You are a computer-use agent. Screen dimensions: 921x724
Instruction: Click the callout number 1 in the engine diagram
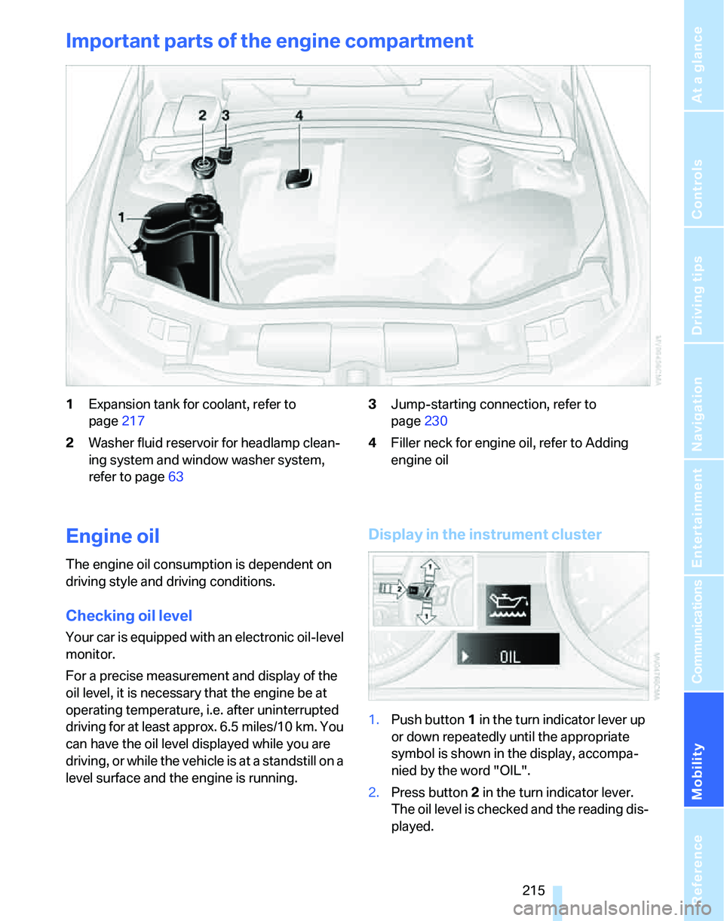pyautogui.click(x=121, y=217)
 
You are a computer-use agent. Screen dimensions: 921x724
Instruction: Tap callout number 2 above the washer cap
pyautogui.click(x=203, y=116)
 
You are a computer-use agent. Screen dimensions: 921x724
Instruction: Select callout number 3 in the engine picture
pyautogui.click(x=225, y=116)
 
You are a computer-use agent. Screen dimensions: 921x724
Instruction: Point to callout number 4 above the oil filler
pyautogui.click(x=299, y=116)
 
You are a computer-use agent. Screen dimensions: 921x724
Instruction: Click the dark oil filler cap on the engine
pyautogui.click(x=296, y=177)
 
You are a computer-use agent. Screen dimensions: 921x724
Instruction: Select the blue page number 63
pyautogui.click(x=174, y=477)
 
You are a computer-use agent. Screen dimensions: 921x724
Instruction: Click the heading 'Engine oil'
pyautogui.click(x=112, y=537)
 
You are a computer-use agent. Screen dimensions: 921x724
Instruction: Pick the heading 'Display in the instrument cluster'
pyautogui.click(x=485, y=534)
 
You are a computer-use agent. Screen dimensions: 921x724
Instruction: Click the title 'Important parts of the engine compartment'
pyautogui.click(x=269, y=41)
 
